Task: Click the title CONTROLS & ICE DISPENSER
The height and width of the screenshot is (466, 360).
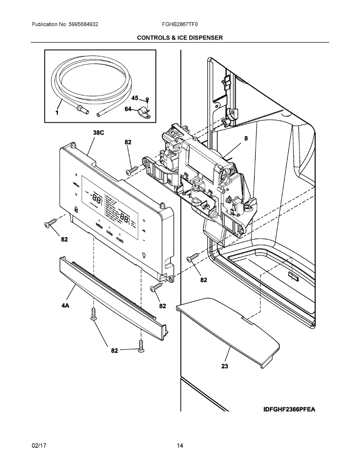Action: point(180,38)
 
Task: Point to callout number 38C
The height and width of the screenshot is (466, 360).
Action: point(98,133)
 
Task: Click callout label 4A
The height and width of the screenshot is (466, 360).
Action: point(65,306)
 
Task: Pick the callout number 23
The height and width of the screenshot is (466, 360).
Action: point(224,366)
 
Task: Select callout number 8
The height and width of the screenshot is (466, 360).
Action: point(246,138)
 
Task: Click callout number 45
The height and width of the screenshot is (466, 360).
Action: point(134,98)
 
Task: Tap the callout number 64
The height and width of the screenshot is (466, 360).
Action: point(128,109)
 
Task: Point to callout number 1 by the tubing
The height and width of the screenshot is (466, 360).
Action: point(57,113)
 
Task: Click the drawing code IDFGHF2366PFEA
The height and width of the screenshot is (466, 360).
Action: point(289,409)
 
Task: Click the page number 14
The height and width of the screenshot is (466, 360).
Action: point(180,446)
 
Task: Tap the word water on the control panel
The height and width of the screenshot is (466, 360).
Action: point(99,227)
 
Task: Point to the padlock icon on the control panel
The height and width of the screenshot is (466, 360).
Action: point(76,210)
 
